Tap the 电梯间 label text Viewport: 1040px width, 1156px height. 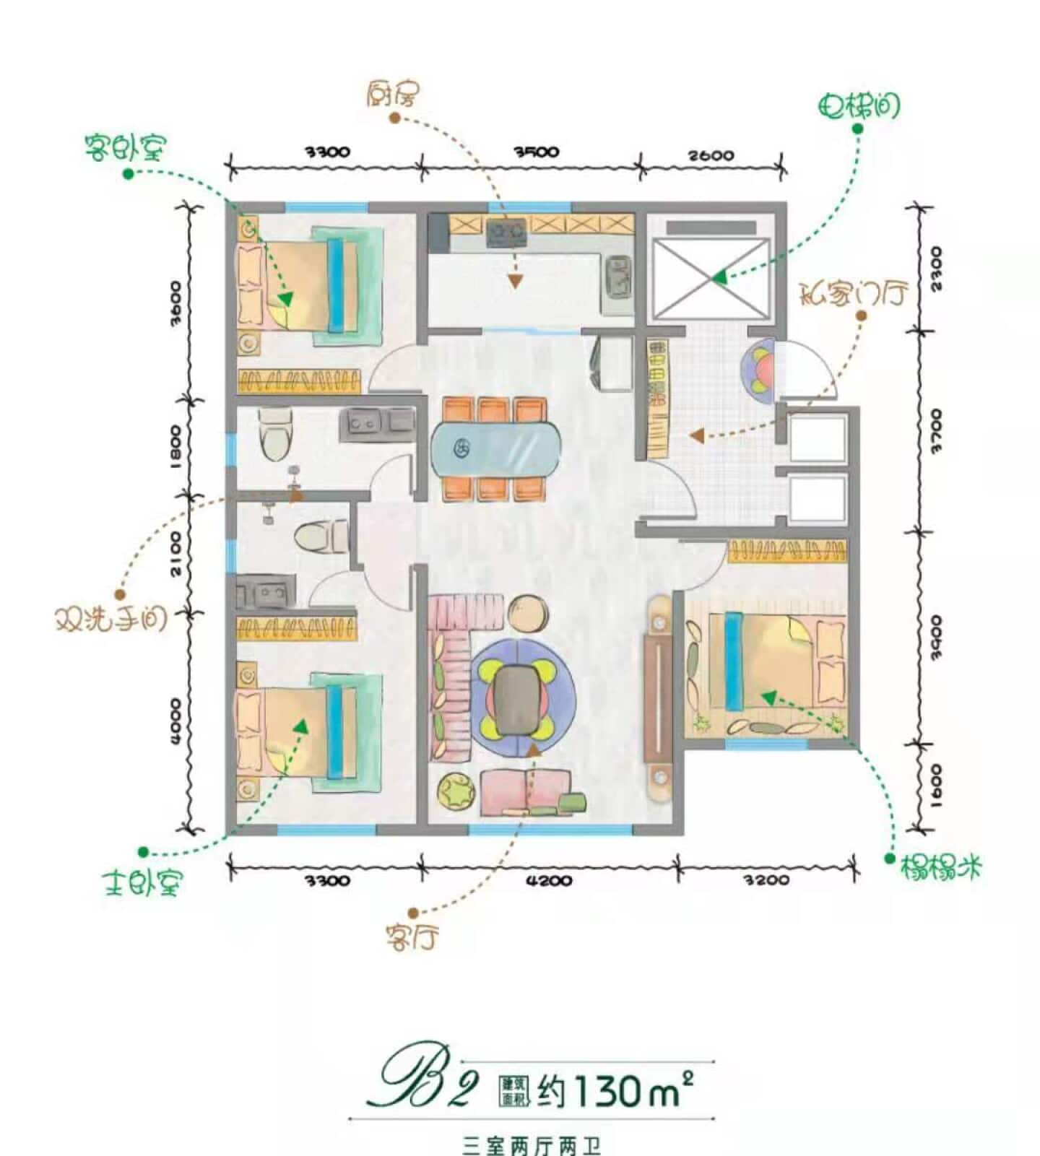point(859,106)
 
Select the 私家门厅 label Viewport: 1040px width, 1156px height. point(853,293)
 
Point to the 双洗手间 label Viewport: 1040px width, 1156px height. point(110,619)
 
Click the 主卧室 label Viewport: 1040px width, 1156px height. point(143,882)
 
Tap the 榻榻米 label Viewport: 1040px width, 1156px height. point(941,866)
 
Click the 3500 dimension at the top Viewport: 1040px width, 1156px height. point(536,152)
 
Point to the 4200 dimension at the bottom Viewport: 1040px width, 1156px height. point(549,880)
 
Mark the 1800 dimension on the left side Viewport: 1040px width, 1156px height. point(175,446)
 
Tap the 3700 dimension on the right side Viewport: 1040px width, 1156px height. point(936,431)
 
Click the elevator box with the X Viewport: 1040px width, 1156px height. point(711,279)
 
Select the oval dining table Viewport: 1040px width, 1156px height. point(496,448)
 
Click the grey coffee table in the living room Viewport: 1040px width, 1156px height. point(516,698)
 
